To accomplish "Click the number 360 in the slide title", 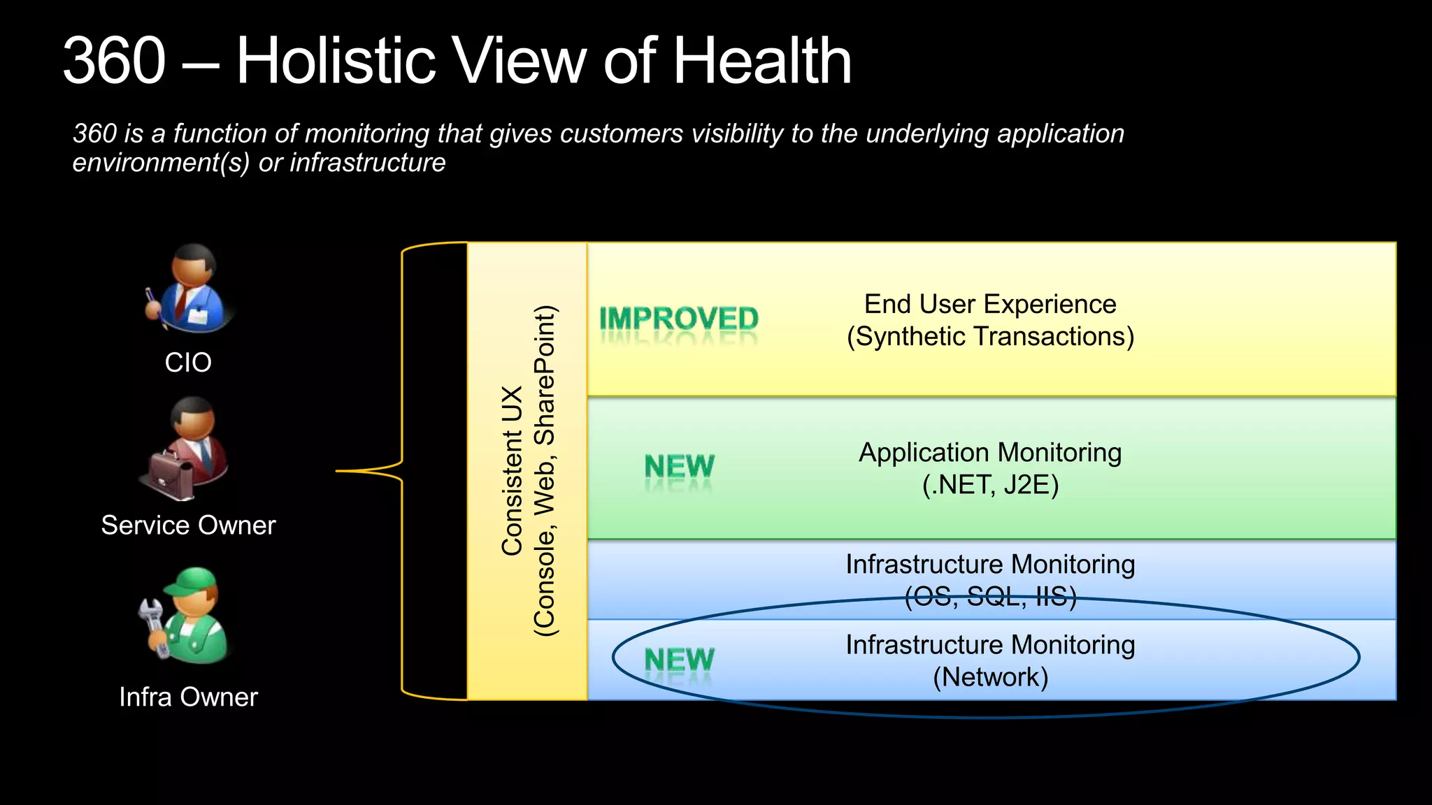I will (115, 61).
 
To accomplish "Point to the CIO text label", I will (188, 363).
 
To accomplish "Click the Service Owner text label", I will (188, 525).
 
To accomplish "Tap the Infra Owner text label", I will (188, 697).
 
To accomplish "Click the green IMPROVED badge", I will (678, 320).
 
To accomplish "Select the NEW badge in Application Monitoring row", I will (679, 467).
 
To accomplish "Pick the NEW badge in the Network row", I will (679, 660).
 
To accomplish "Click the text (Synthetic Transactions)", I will (990, 337).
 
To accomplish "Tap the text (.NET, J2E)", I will (990, 485).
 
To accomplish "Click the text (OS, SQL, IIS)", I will (990, 597).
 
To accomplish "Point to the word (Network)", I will (990, 677).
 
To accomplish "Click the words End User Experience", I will (990, 305).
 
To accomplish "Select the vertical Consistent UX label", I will (513, 471).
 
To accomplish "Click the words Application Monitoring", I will (990, 453).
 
